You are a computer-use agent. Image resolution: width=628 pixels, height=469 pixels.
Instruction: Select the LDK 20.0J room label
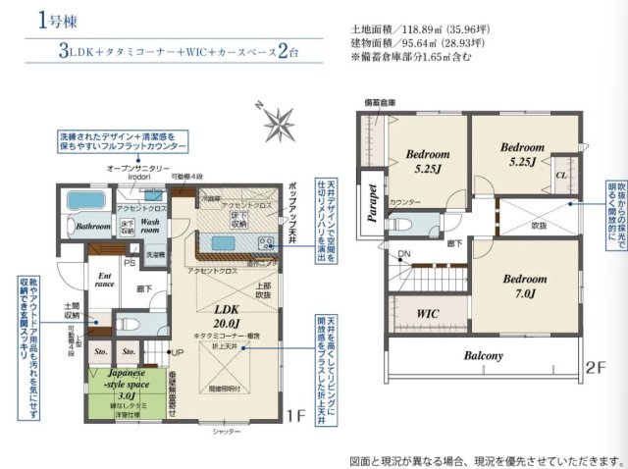(227, 315)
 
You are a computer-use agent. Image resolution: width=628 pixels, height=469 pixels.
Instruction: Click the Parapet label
(374, 203)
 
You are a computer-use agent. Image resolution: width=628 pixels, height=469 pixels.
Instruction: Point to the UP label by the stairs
(178, 351)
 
